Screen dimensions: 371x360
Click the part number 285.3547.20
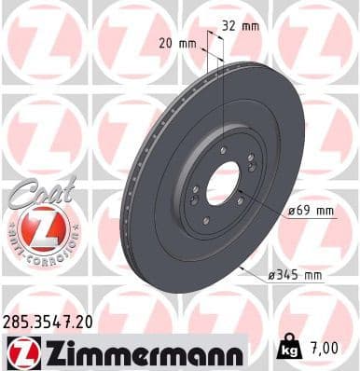point(48,320)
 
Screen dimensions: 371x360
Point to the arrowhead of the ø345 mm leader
point(242,268)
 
